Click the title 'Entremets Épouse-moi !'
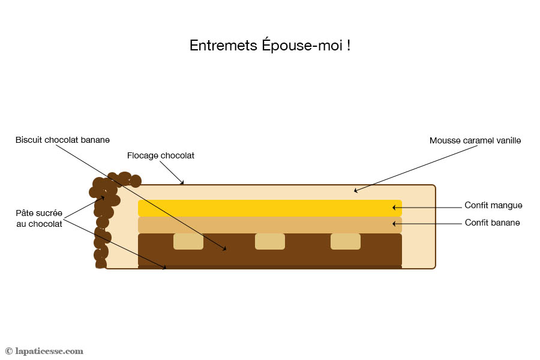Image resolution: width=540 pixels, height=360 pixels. tap(270, 46)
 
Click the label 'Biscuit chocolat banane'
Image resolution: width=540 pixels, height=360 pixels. tap(62, 140)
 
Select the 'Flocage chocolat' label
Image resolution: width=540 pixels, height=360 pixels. tap(161, 155)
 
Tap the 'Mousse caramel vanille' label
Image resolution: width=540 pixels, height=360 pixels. tap(475, 140)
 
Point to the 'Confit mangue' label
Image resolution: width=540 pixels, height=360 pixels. tap(493, 205)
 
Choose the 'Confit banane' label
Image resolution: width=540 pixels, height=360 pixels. tap(492, 223)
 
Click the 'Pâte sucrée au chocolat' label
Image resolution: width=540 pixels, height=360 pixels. tap(39, 218)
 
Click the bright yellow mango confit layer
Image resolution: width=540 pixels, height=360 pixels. tap(270, 208)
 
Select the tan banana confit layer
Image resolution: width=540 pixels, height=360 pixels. tap(270, 224)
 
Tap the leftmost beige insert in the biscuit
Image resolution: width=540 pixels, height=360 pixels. tap(188, 241)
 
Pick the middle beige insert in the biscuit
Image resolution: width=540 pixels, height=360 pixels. tap(270, 241)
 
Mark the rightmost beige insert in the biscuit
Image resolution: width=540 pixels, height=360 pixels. tap(346, 241)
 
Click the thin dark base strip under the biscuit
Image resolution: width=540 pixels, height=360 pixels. tap(270, 267)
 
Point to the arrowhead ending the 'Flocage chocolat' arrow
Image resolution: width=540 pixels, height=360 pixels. tap(183, 182)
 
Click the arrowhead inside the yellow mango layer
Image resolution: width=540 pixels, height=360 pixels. tap(395, 208)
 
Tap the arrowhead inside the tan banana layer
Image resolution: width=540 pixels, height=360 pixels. tap(395, 224)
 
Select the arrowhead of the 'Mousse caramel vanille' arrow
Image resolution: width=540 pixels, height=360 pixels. tap(356, 191)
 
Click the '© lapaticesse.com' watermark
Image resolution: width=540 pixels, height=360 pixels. tap(44, 351)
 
